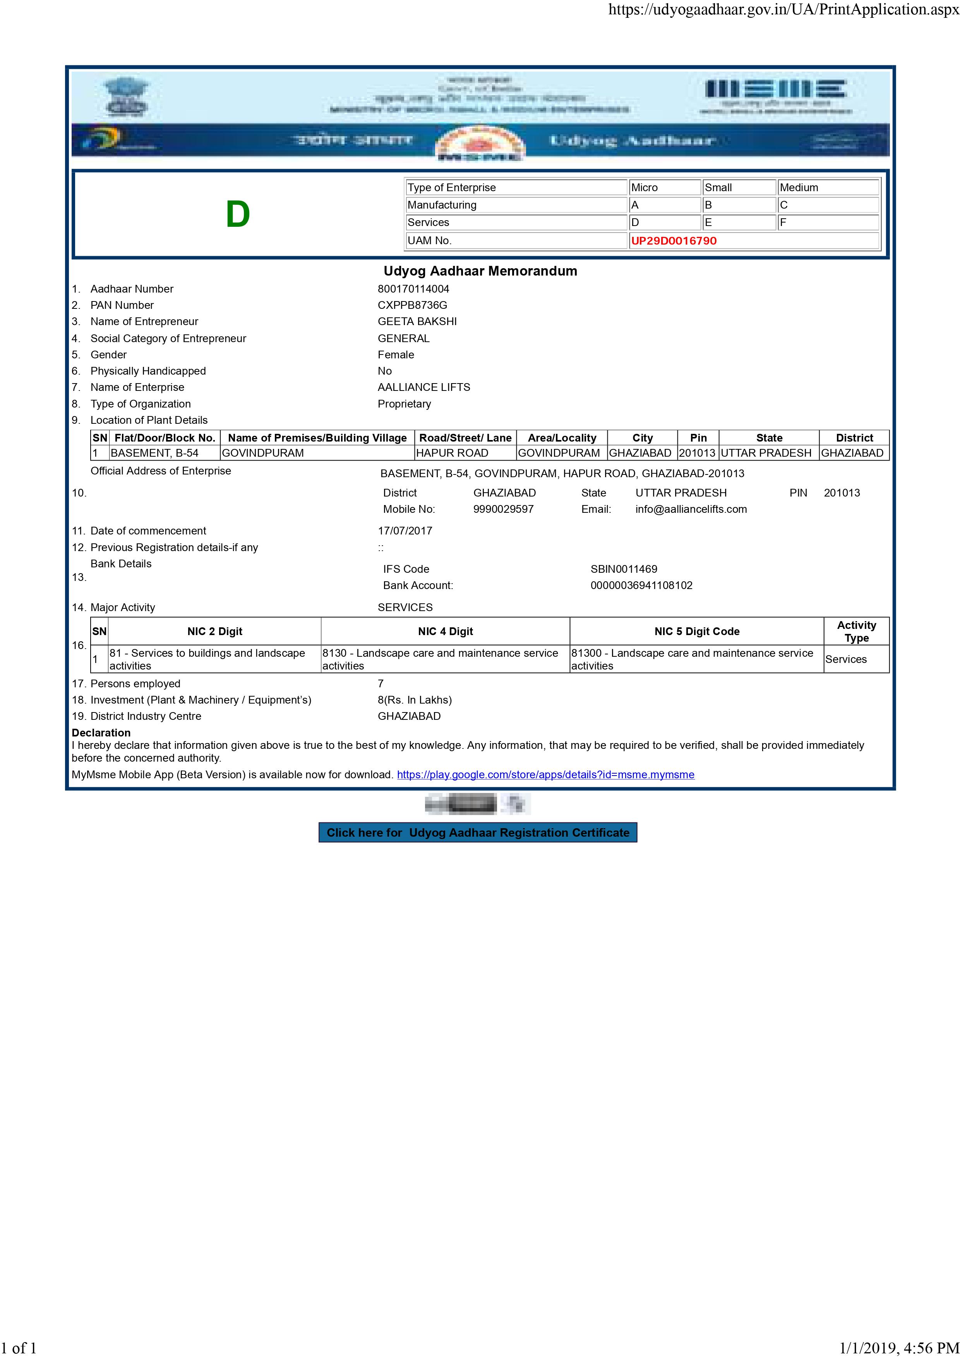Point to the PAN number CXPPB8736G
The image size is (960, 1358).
pos(412,305)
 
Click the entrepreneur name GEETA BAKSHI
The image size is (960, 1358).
pos(417,321)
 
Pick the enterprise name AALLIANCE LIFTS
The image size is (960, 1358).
pos(423,387)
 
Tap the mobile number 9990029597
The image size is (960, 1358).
pos(503,509)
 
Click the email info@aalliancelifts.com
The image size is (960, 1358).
pos(691,509)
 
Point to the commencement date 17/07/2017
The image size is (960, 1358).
pos(405,531)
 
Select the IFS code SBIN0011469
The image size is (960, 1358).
pos(624,569)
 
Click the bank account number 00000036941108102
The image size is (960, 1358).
pos(641,586)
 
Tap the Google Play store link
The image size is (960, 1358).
pos(545,775)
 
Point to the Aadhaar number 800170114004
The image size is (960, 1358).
pos(413,289)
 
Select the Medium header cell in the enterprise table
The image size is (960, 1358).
pos(799,187)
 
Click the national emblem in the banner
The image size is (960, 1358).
pos(127,98)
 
